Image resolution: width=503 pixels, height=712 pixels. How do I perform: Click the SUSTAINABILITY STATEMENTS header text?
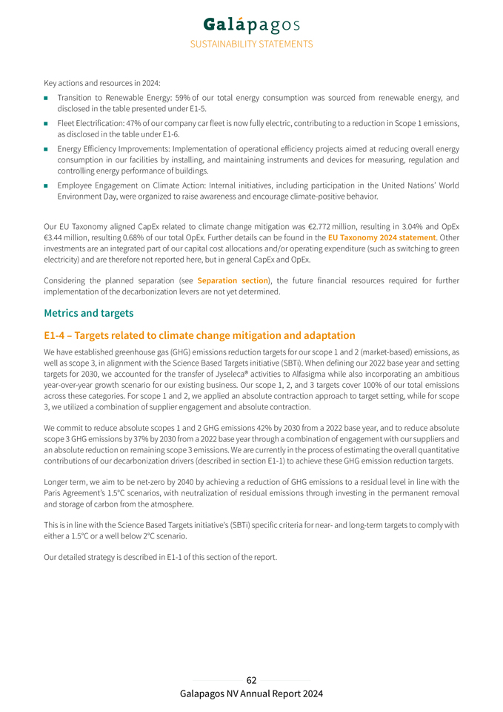251,44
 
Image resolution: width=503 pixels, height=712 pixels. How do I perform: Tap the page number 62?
251,680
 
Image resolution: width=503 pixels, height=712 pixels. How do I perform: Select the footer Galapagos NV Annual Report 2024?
251,694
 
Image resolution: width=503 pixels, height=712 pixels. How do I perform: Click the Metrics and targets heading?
89,313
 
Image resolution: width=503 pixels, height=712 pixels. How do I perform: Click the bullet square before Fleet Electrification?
46,124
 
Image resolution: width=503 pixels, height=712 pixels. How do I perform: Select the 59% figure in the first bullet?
180,98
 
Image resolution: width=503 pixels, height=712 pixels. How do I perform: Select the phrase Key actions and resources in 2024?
101,82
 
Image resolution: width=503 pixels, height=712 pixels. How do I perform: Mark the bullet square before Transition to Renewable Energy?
46,98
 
